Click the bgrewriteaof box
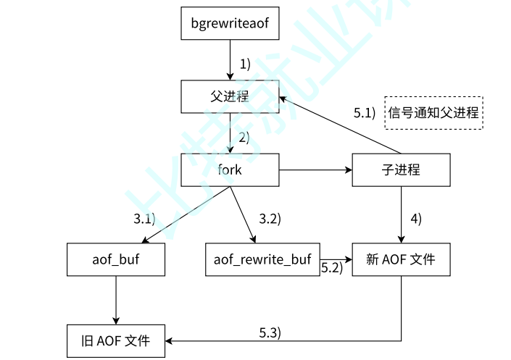coord(230,23)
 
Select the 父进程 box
coord(230,96)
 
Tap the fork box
coord(230,171)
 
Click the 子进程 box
coord(401,171)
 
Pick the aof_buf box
coord(117,260)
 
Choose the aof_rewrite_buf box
coord(262,260)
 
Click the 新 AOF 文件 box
coord(401,260)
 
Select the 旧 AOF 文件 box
coord(116,340)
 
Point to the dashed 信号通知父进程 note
coord(433,112)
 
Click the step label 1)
coord(244,64)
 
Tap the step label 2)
coord(244,137)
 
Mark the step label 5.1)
coord(365,113)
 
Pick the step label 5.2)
coord(331,268)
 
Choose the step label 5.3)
coord(270,332)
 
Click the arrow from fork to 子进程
coord(315,171)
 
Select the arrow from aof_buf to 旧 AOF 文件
coord(116,299)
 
